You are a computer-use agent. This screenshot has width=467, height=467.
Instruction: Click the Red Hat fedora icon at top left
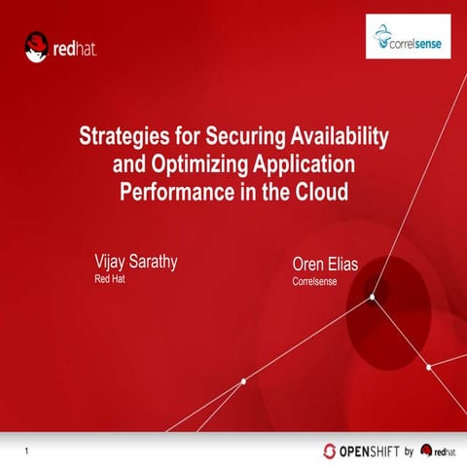pyautogui.click(x=37, y=46)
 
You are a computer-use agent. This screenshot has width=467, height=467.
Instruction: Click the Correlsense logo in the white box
pyautogui.click(x=408, y=37)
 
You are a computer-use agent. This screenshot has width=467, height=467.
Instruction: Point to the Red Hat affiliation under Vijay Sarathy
pyautogui.click(x=109, y=279)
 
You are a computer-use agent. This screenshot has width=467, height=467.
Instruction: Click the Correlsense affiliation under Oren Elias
pyautogui.click(x=317, y=283)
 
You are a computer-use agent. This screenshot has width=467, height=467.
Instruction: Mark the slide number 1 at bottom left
pyautogui.click(x=26, y=449)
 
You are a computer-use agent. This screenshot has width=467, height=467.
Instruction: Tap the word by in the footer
pyautogui.click(x=409, y=450)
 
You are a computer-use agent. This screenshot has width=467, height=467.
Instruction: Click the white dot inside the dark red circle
pyautogui.click(x=372, y=299)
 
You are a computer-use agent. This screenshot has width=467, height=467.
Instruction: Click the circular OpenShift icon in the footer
pyautogui.click(x=331, y=450)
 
